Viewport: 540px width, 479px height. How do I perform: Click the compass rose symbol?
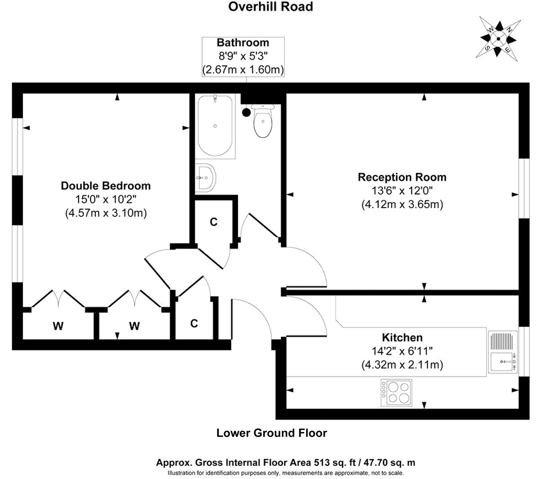point(498,39)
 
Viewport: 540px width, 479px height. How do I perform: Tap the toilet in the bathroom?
point(263,120)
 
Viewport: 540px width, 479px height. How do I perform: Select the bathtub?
point(215,126)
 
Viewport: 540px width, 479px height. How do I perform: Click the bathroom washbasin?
point(206,178)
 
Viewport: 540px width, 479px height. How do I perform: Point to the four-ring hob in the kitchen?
point(396,393)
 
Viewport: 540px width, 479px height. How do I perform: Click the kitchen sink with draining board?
point(503,352)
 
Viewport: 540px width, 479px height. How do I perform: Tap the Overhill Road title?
point(270,6)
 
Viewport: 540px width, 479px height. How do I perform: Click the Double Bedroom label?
point(106,186)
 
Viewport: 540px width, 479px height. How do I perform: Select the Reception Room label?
point(402,177)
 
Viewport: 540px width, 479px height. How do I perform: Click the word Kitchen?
point(402,337)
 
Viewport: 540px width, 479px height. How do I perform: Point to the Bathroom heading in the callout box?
point(243,43)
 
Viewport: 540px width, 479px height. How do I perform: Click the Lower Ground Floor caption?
point(272,433)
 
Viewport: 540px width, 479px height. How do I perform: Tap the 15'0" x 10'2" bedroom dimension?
point(106,199)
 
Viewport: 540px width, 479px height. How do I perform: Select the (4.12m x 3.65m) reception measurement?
point(402,204)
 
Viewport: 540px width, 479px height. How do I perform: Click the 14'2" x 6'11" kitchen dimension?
point(402,351)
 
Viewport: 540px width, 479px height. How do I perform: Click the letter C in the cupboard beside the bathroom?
point(213,222)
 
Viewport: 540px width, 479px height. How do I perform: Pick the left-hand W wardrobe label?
point(58,326)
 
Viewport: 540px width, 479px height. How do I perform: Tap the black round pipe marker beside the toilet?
point(246,112)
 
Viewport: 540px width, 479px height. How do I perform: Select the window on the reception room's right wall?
point(524,188)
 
